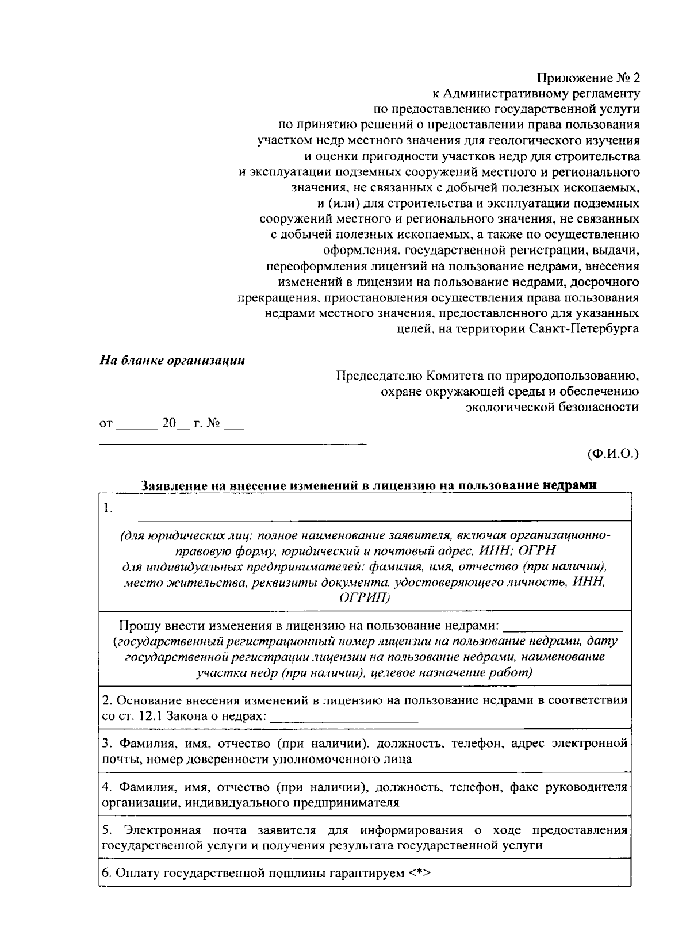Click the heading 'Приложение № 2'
(x=588, y=78)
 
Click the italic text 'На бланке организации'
(x=172, y=361)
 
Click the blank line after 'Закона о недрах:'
(x=344, y=719)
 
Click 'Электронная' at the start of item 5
(x=162, y=830)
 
